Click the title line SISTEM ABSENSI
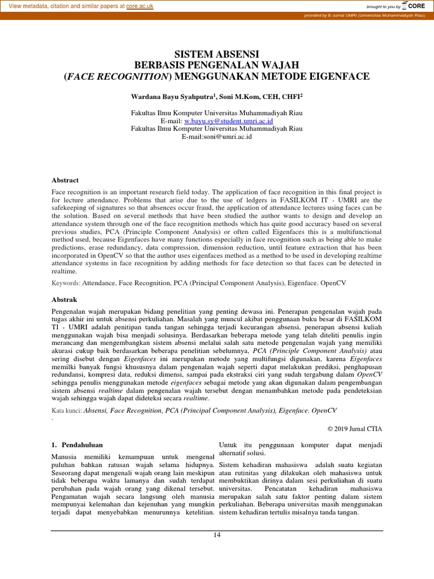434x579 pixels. [216, 54]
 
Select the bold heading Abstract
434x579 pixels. [65, 180]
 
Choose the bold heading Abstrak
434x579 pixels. [64, 300]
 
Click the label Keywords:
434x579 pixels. [66, 281]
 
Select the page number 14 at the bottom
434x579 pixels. [216, 536]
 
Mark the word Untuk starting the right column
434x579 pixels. [229, 445]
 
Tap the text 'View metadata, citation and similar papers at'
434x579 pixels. [63, 6]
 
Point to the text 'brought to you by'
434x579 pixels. [383, 7]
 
